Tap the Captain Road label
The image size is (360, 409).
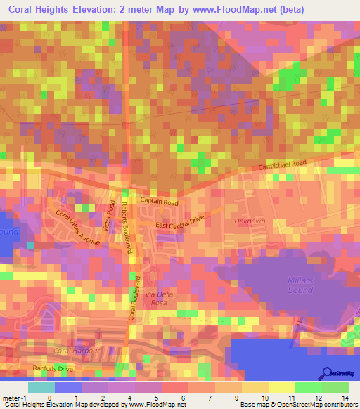[x=159, y=202]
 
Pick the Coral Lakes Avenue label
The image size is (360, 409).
[x=78, y=228]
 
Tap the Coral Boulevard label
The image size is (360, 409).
[x=131, y=299]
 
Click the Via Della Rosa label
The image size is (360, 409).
[x=159, y=298]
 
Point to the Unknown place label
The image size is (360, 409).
[x=250, y=221]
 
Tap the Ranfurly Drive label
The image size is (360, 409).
[x=53, y=368]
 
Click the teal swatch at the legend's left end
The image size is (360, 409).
[x=41, y=387]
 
